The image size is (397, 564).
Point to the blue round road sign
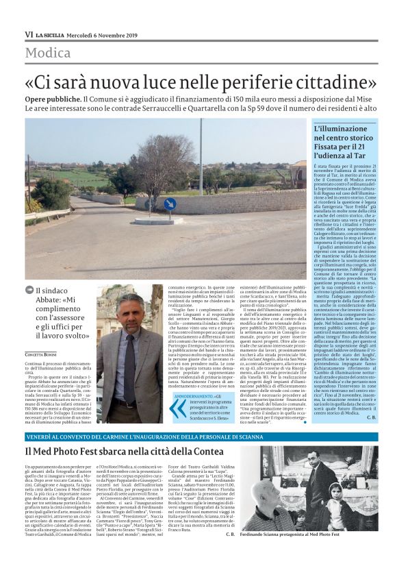click(x=170, y=204)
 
